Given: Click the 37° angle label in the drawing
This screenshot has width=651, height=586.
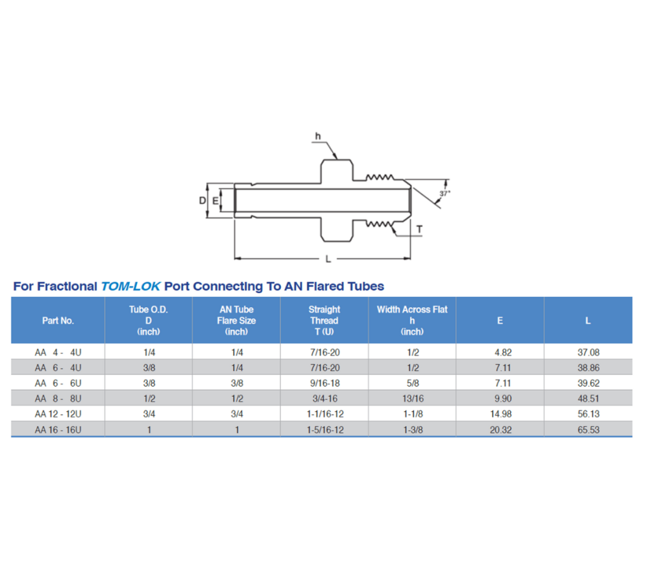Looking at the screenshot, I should coord(444,193).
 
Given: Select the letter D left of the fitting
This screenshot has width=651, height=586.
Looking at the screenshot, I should coord(202,201).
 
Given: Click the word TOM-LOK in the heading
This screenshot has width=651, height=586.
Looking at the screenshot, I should coord(131,287).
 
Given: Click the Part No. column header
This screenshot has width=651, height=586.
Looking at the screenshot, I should coord(58,321).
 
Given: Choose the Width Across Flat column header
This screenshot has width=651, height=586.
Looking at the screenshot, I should coord(412,320).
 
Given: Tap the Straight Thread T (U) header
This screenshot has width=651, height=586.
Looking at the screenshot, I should coord(324,320).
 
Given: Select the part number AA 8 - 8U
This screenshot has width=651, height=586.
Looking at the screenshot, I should coord(58,399).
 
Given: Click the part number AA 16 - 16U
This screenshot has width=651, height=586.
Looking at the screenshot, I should coord(58,430).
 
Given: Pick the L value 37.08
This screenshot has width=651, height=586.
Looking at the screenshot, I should coord(587,352).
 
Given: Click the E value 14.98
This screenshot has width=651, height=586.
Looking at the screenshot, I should coord(500,414).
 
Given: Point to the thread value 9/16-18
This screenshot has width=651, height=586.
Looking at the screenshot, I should coord(324,383).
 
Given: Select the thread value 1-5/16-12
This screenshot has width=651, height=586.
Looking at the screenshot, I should coord(324,430).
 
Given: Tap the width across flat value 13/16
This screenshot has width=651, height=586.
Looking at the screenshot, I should coord(412,399).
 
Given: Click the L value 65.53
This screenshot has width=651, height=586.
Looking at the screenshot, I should coord(587,430).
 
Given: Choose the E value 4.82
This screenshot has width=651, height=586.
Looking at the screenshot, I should coord(500,352).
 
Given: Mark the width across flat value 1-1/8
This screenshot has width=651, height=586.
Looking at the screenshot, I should coord(412,414).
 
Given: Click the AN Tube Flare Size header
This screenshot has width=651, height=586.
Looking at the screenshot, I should coord(236,320).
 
